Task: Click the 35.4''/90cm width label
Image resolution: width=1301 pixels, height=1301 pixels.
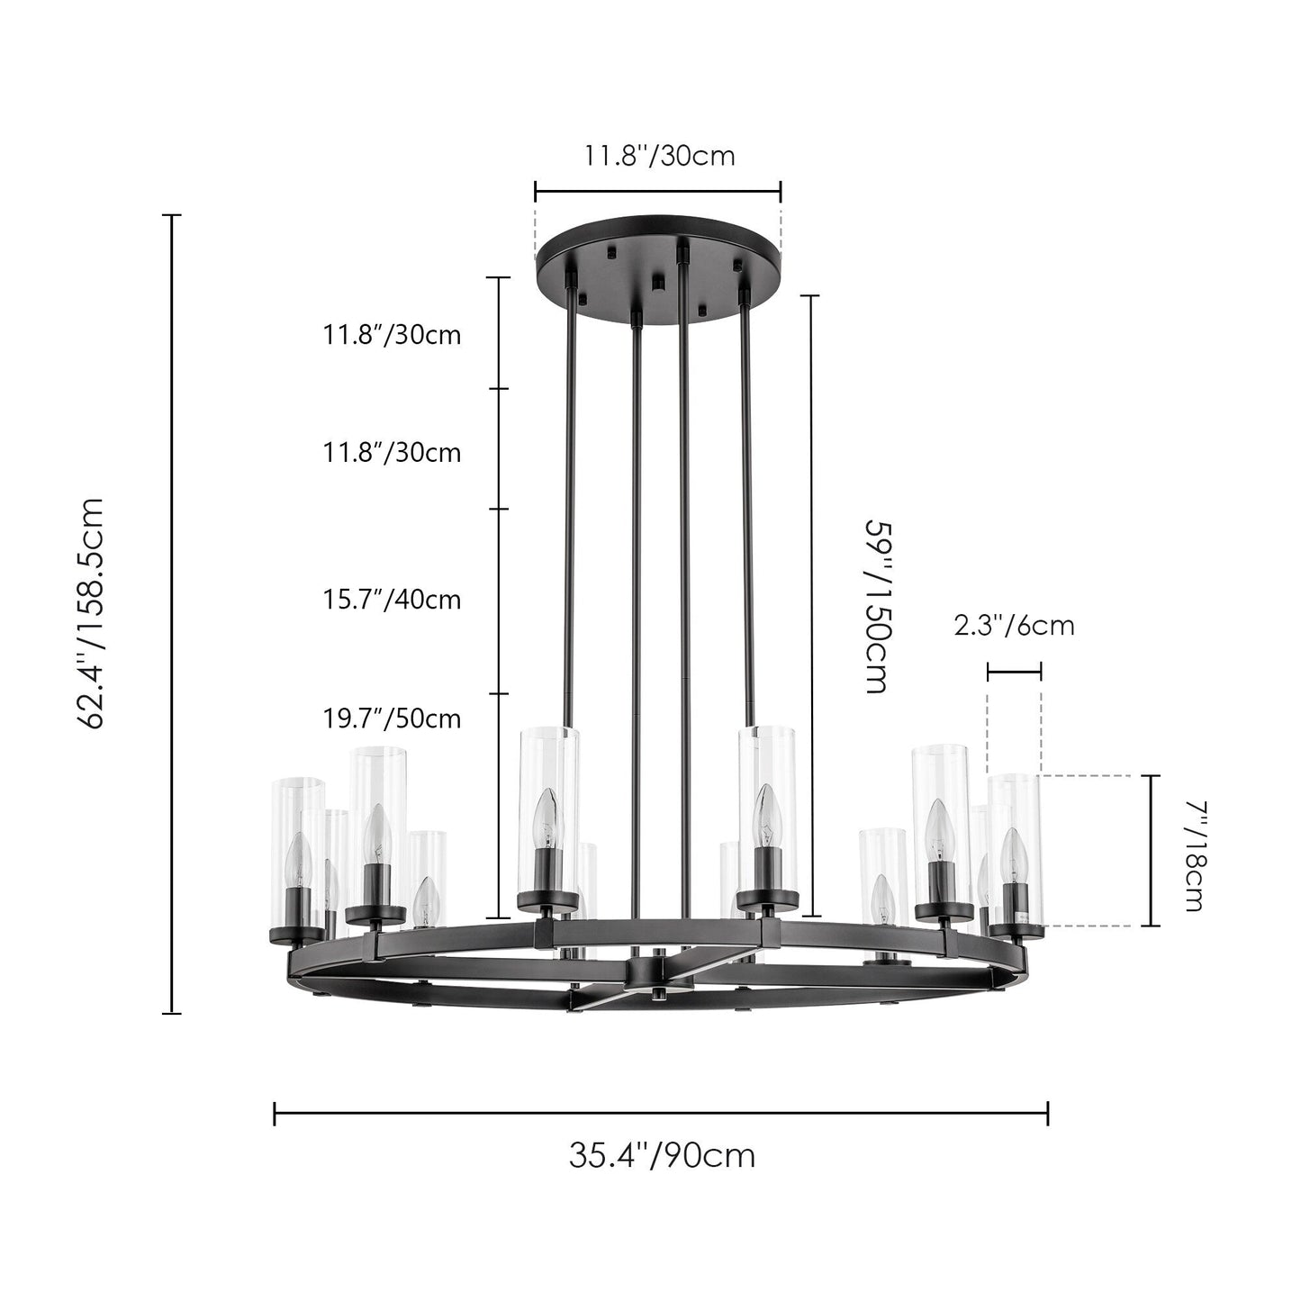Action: pyautogui.click(x=662, y=1155)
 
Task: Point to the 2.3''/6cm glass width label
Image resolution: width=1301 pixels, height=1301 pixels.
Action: pyautogui.click(x=1014, y=625)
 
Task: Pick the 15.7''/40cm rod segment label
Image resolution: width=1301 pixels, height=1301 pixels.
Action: pyautogui.click(x=392, y=599)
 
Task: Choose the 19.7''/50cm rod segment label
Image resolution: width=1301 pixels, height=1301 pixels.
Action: pyautogui.click(x=392, y=718)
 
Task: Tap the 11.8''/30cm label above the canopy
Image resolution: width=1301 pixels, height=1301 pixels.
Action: pyautogui.click(x=659, y=156)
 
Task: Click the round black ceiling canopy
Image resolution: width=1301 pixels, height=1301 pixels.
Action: pyautogui.click(x=657, y=261)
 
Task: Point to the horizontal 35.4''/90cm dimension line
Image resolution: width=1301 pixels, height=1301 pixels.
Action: pyautogui.click(x=661, y=1114)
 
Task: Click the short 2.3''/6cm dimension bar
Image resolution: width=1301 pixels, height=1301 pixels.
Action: pyautogui.click(x=1014, y=671)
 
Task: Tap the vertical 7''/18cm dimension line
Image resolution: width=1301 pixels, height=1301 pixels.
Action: pyautogui.click(x=1152, y=850)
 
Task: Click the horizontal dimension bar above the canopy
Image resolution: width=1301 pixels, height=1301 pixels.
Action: pyautogui.click(x=657, y=191)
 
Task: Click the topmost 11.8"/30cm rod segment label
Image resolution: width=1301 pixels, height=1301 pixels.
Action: pyautogui.click(x=392, y=335)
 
